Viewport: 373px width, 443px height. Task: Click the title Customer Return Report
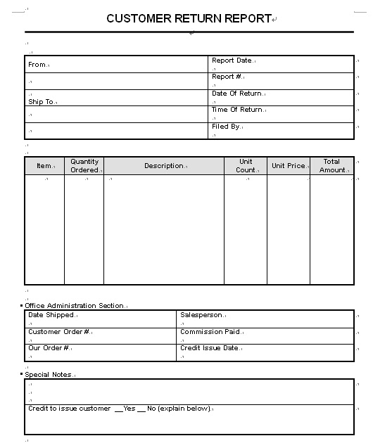(x=189, y=19)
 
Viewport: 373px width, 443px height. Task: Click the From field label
(x=37, y=65)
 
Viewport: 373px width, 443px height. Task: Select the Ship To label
(x=41, y=102)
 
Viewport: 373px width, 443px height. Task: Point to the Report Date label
(x=232, y=60)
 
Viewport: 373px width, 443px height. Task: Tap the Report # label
(x=227, y=77)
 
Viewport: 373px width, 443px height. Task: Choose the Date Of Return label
(x=236, y=94)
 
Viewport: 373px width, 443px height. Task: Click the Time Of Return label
(x=236, y=110)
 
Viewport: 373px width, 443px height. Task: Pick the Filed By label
(x=226, y=127)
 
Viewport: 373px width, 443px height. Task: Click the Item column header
(x=44, y=166)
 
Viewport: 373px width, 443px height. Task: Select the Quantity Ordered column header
(x=84, y=166)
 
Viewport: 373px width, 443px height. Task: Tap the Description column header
(x=164, y=166)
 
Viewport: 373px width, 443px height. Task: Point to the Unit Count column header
(x=246, y=166)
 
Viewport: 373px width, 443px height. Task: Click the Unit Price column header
(x=289, y=166)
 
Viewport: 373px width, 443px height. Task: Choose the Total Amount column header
(x=332, y=166)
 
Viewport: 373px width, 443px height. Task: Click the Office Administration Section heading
(x=74, y=306)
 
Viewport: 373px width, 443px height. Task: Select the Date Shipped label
(x=51, y=316)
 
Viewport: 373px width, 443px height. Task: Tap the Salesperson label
(x=201, y=316)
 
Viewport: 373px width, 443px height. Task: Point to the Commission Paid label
(x=210, y=332)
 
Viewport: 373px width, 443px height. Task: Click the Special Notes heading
(x=48, y=375)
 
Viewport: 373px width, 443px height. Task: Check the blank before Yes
(x=118, y=409)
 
